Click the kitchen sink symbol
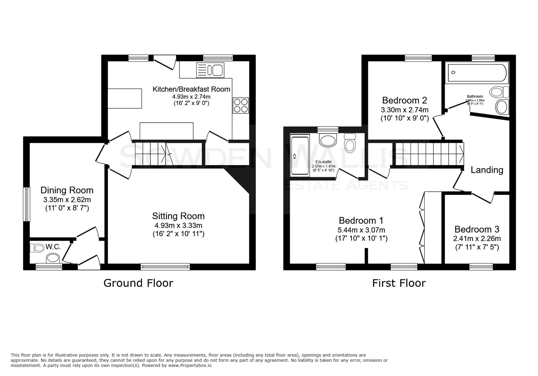pos(210,70)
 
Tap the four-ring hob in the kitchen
pos(241,105)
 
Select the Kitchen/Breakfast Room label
pos(191,89)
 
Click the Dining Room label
pos(67,190)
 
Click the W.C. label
pos(53,247)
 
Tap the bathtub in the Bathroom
pos(476,73)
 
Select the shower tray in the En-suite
pos(300,156)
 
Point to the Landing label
pos(487,170)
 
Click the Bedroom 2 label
pos(404,100)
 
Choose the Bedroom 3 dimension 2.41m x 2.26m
pos(477,239)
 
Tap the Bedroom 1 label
pos(361,220)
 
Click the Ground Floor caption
pos(138,283)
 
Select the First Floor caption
pos(399,283)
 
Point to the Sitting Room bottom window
pos(165,267)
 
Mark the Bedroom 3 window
pos(481,267)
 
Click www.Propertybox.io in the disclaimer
pos(190,366)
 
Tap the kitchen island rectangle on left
pos(125,99)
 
